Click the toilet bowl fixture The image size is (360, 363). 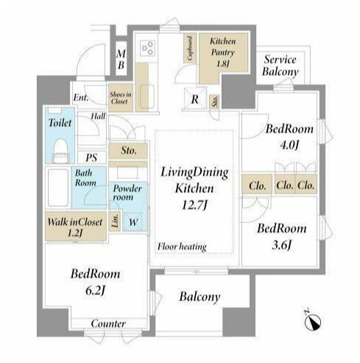pyautogui.click(x=60, y=150)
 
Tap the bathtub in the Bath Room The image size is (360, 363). pyautogui.click(x=58, y=188)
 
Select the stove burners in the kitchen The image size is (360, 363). pyautogui.click(x=147, y=48)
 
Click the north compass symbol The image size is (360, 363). pyautogui.click(x=312, y=320)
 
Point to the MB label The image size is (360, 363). pyautogui.click(x=121, y=60)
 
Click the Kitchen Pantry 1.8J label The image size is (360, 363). pyautogui.click(x=222, y=52)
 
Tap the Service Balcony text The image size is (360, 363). pyautogui.click(x=280, y=66)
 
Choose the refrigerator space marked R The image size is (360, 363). pyautogui.click(x=195, y=99)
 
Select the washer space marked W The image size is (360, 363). pyautogui.click(x=133, y=222)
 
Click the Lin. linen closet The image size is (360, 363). pyautogui.click(x=115, y=221)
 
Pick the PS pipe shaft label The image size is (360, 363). pyautogui.click(x=91, y=158)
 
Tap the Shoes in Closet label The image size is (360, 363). pyautogui.click(x=121, y=98)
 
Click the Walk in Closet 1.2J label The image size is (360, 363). pyautogui.click(x=75, y=227)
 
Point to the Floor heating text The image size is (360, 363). pyautogui.click(x=182, y=247)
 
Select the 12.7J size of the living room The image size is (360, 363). pyautogui.click(x=194, y=205)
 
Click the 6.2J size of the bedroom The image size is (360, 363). pyautogui.click(x=95, y=291)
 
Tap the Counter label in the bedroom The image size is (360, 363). pyautogui.click(x=108, y=323)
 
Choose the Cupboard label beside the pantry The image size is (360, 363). pyautogui.click(x=190, y=49)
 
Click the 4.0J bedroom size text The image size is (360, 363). pyautogui.click(x=289, y=145)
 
